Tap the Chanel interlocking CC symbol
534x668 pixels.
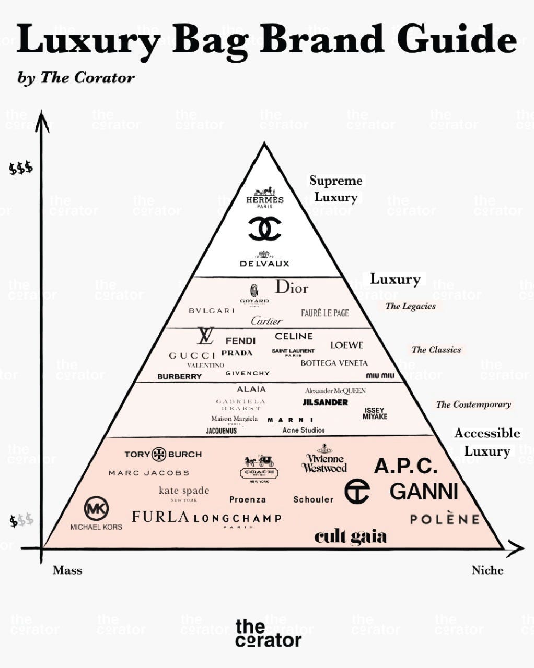pyautogui.click(x=264, y=229)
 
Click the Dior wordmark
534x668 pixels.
pyautogui.click(x=292, y=287)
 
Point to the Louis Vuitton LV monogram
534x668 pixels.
pyautogui.click(x=205, y=336)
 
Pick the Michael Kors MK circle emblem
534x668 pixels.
pyautogui.click(x=97, y=508)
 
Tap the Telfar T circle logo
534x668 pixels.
pyautogui.click(x=357, y=491)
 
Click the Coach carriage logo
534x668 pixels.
pyautogui.click(x=259, y=466)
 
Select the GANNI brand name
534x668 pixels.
pyautogui.click(x=424, y=492)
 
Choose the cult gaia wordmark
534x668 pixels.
pyautogui.click(x=350, y=537)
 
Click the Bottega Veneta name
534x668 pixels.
pyautogui.click(x=334, y=363)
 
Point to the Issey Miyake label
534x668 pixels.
pyautogui.click(x=375, y=413)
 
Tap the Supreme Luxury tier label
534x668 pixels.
pyautogui.click(x=335, y=189)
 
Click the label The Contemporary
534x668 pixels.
pyautogui.click(x=473, y=404)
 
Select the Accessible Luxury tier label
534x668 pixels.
pyautogui.click(x=487, y=442)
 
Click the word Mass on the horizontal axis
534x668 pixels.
pyautogui.click(x=67, y=570)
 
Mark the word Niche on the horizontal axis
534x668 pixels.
pyautogui.click(x=487, y=570)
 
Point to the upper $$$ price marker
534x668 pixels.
pyautogui.click(x=21, y=169)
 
